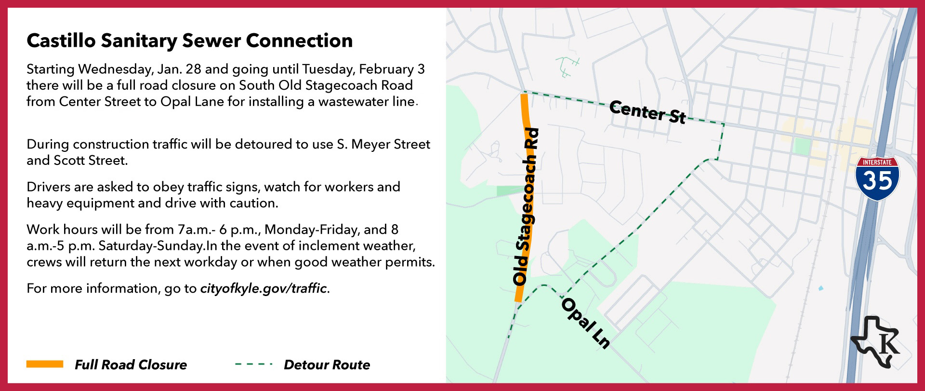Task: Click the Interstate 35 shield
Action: [x=877, y=178]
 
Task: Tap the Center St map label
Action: [x=647, y=112]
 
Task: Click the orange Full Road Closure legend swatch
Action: [x=45, y=364]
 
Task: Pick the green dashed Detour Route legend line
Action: [x=253, y=364]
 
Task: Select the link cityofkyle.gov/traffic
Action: [x=264, y=288]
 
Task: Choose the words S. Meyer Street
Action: [x=383, y=144]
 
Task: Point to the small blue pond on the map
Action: [x=820, y=289]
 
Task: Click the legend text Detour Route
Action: [x=327, y=364]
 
